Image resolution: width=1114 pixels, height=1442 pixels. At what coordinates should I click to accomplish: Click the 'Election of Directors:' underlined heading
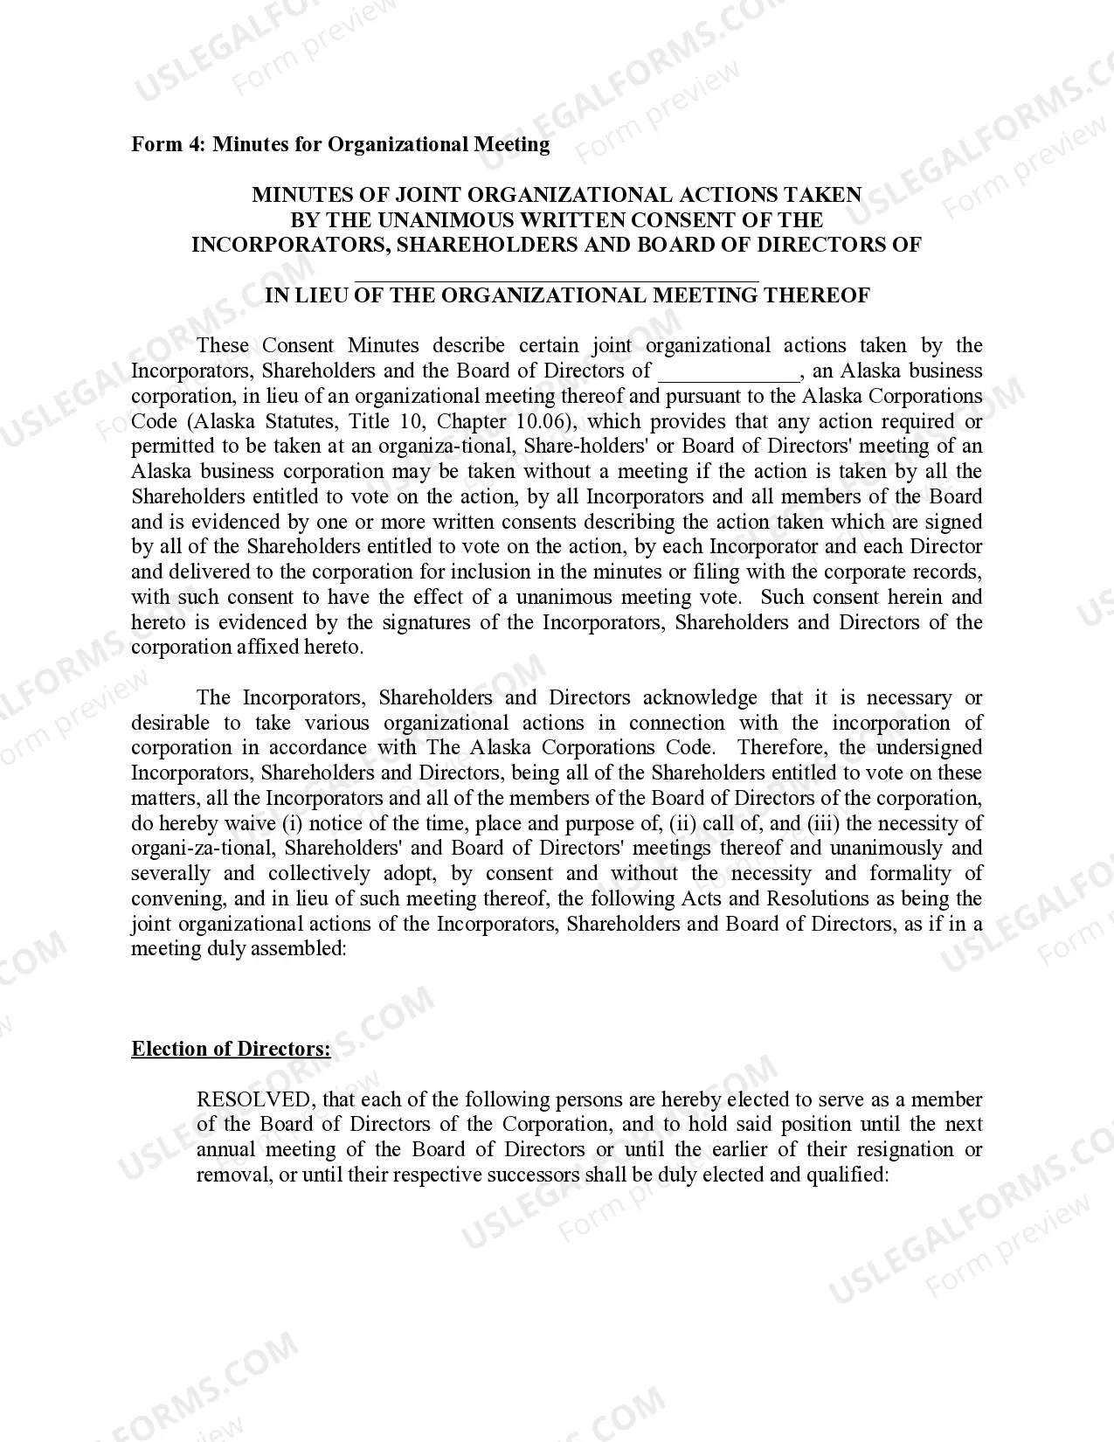[231, 1049]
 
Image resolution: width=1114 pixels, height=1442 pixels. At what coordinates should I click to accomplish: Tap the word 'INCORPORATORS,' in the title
[291, 245]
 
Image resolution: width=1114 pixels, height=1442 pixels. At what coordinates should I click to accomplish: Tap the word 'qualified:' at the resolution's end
[847, 1175]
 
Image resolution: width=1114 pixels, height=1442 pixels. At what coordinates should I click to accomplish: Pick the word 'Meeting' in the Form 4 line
[512, 144]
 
